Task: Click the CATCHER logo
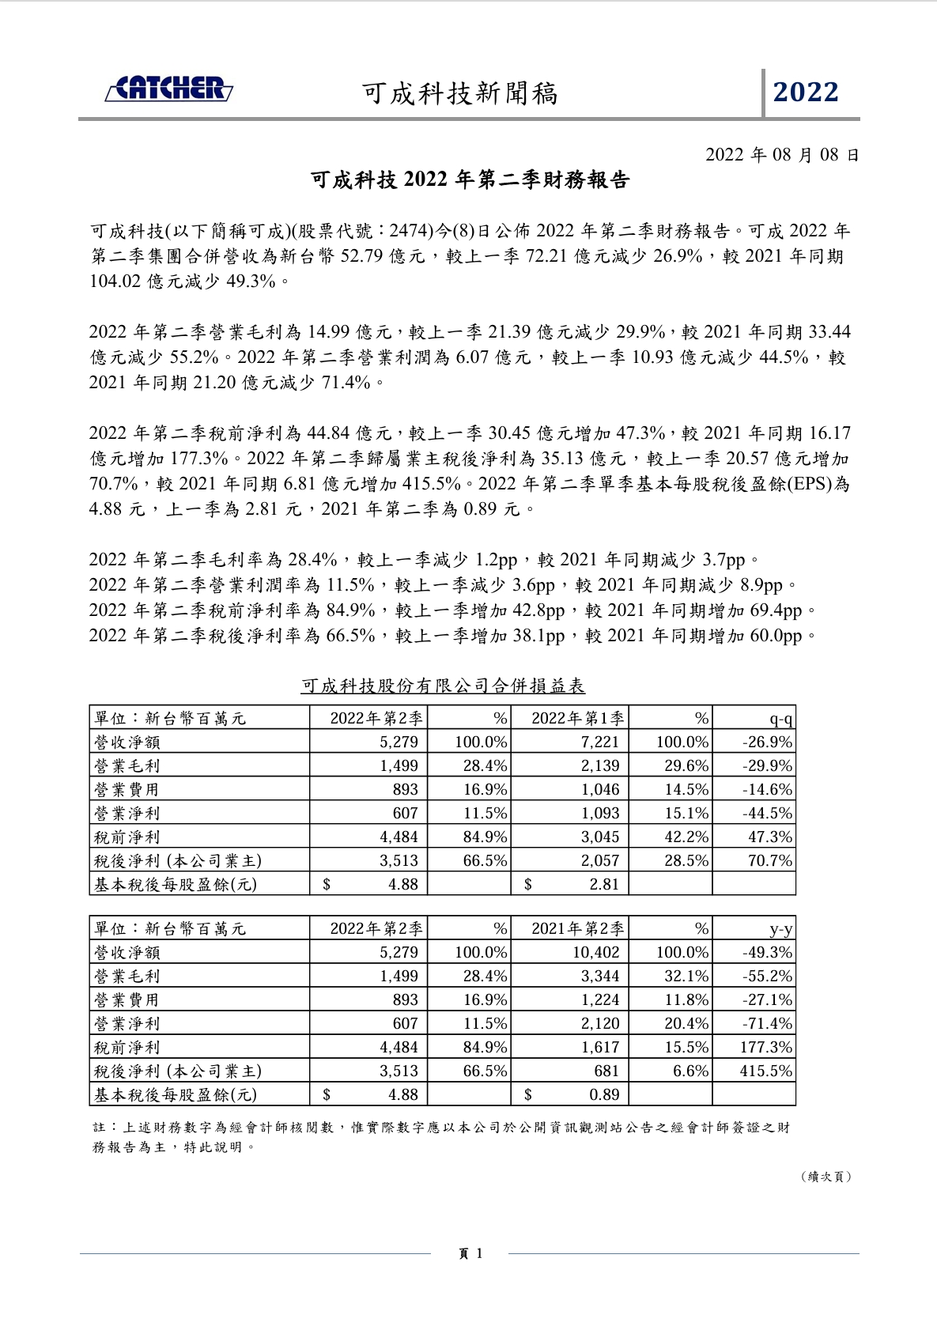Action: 169,89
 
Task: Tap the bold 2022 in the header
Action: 806,93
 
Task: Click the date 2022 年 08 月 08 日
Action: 781,154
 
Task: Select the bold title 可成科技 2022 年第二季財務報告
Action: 470,181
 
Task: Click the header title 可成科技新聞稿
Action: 459,93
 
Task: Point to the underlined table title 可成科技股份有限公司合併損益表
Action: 443,686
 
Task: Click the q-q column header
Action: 780,719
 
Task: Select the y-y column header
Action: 780,929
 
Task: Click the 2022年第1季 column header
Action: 577,718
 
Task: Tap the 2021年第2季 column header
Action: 577,928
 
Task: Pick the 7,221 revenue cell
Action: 599,742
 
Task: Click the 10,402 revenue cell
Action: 595,952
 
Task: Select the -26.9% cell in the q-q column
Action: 767,742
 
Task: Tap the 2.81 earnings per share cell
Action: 603,884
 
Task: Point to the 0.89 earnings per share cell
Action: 603,1094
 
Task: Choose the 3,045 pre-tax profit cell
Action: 599,837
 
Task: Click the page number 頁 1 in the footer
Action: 470,1253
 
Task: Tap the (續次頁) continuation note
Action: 826,1177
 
